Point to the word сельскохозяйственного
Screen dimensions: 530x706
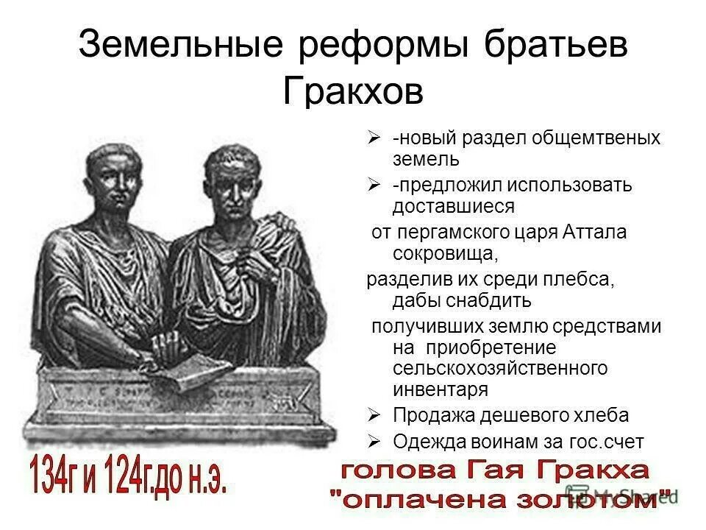coord(499,367)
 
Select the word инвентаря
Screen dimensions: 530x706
coord(441,387)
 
